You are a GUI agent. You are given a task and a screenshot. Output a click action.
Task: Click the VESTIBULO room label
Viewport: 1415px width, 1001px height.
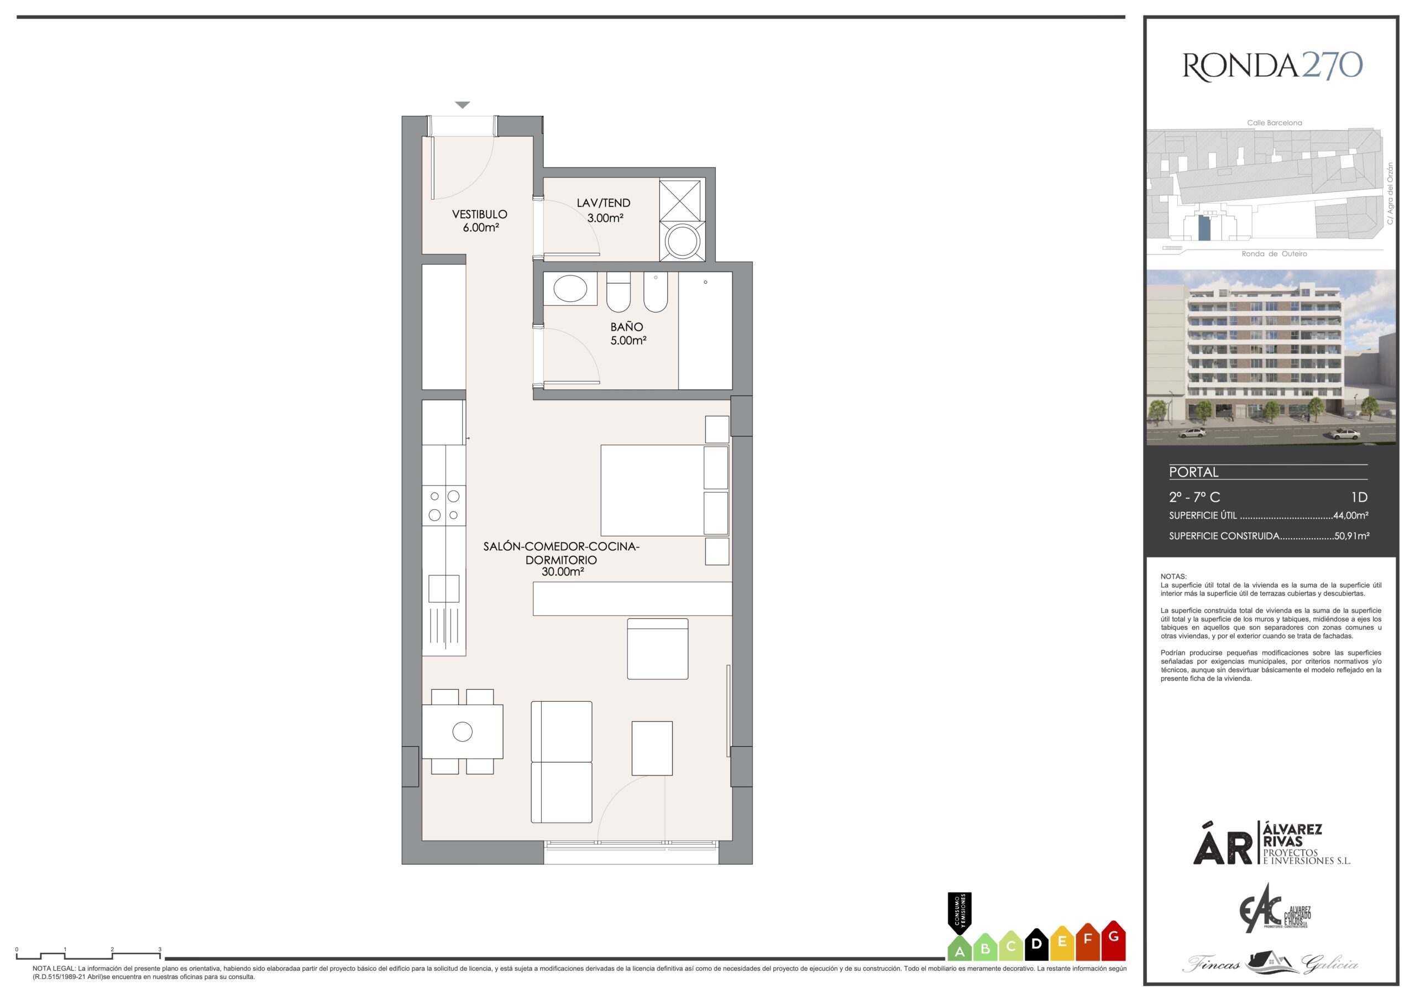click(x=479, y=214)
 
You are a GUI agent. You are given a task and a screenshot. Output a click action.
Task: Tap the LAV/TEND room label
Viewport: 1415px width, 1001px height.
click(x=604, y=202)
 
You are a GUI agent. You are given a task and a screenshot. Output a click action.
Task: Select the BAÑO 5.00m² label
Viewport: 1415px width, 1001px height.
click(x=627, y=333)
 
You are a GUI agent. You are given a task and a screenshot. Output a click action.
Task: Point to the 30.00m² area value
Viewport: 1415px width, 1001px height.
click(x=563, y=572)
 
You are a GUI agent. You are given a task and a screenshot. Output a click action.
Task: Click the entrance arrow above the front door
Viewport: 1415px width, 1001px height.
click(x=462, y=105)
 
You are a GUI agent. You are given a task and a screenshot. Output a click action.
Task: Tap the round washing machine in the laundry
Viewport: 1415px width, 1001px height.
click(x=681, y=241)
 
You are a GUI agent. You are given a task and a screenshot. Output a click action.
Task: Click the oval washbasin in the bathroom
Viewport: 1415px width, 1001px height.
click(x=570, y=288)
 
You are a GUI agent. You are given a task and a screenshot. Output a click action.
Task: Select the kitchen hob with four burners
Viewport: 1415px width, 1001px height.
click(x=444, y=505)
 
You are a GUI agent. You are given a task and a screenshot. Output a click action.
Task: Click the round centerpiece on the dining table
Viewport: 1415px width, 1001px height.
click(x=462, y=732)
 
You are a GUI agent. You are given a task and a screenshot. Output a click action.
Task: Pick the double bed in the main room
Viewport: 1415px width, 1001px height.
click(x=664, y=491)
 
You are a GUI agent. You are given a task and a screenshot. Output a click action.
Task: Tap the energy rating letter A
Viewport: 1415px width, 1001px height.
click(x=959, y=952)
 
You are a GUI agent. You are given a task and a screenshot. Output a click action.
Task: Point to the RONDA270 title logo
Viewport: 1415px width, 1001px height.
click(x=1272, y=66)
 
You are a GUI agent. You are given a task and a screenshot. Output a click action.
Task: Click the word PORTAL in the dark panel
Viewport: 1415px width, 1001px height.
click(x=1194, y=472)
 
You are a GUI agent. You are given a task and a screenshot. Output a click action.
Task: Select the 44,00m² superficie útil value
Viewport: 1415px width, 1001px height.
click(x=1351, y=515)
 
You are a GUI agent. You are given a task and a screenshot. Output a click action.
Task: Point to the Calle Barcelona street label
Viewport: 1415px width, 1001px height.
click(x=1275, y=123)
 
